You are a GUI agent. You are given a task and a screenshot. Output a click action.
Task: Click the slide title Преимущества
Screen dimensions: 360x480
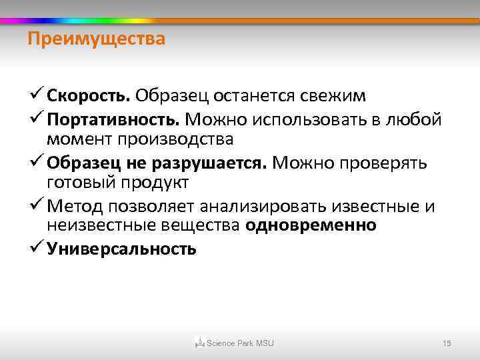coord(96,40)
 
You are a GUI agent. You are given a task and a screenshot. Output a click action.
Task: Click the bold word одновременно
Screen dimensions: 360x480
coord(311,226)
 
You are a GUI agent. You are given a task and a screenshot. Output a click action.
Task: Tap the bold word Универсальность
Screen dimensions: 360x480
coord(122,249)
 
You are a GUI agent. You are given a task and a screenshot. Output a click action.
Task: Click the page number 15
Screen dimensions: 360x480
coord(447,343)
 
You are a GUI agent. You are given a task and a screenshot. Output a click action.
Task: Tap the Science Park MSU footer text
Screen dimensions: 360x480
coord(240,343)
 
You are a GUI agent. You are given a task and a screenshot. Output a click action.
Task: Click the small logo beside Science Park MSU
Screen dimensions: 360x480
coord(199,343)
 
